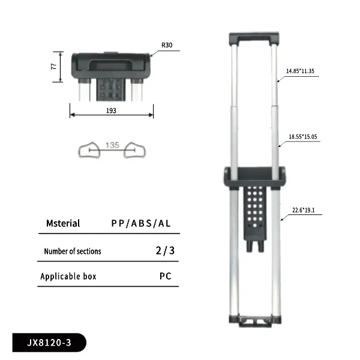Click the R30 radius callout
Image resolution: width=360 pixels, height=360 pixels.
click(x=166, y=45)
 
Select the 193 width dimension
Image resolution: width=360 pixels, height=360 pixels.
click(x=111, y=110)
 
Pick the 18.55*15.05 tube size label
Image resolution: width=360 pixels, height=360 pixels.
click(x=302, y=137)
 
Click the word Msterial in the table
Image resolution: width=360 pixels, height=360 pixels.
click(x=63, y=223)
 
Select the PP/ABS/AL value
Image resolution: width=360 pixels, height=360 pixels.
click(x=141, y=223)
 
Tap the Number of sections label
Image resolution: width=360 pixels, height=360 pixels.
click(x=73, y=251)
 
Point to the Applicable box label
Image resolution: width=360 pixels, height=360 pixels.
click(x=68, y=277)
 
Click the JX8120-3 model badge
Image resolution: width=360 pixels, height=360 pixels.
click(x=49, y=344)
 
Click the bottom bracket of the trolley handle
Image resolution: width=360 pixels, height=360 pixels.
click(x=254, y=322)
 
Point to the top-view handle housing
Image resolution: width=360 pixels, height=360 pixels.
click(x=111, y=62)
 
